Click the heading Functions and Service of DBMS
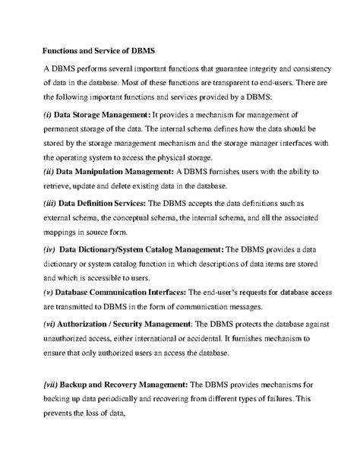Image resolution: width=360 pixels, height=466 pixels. coord(98,52)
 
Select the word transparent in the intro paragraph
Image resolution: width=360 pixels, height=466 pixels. coord(247,83)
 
